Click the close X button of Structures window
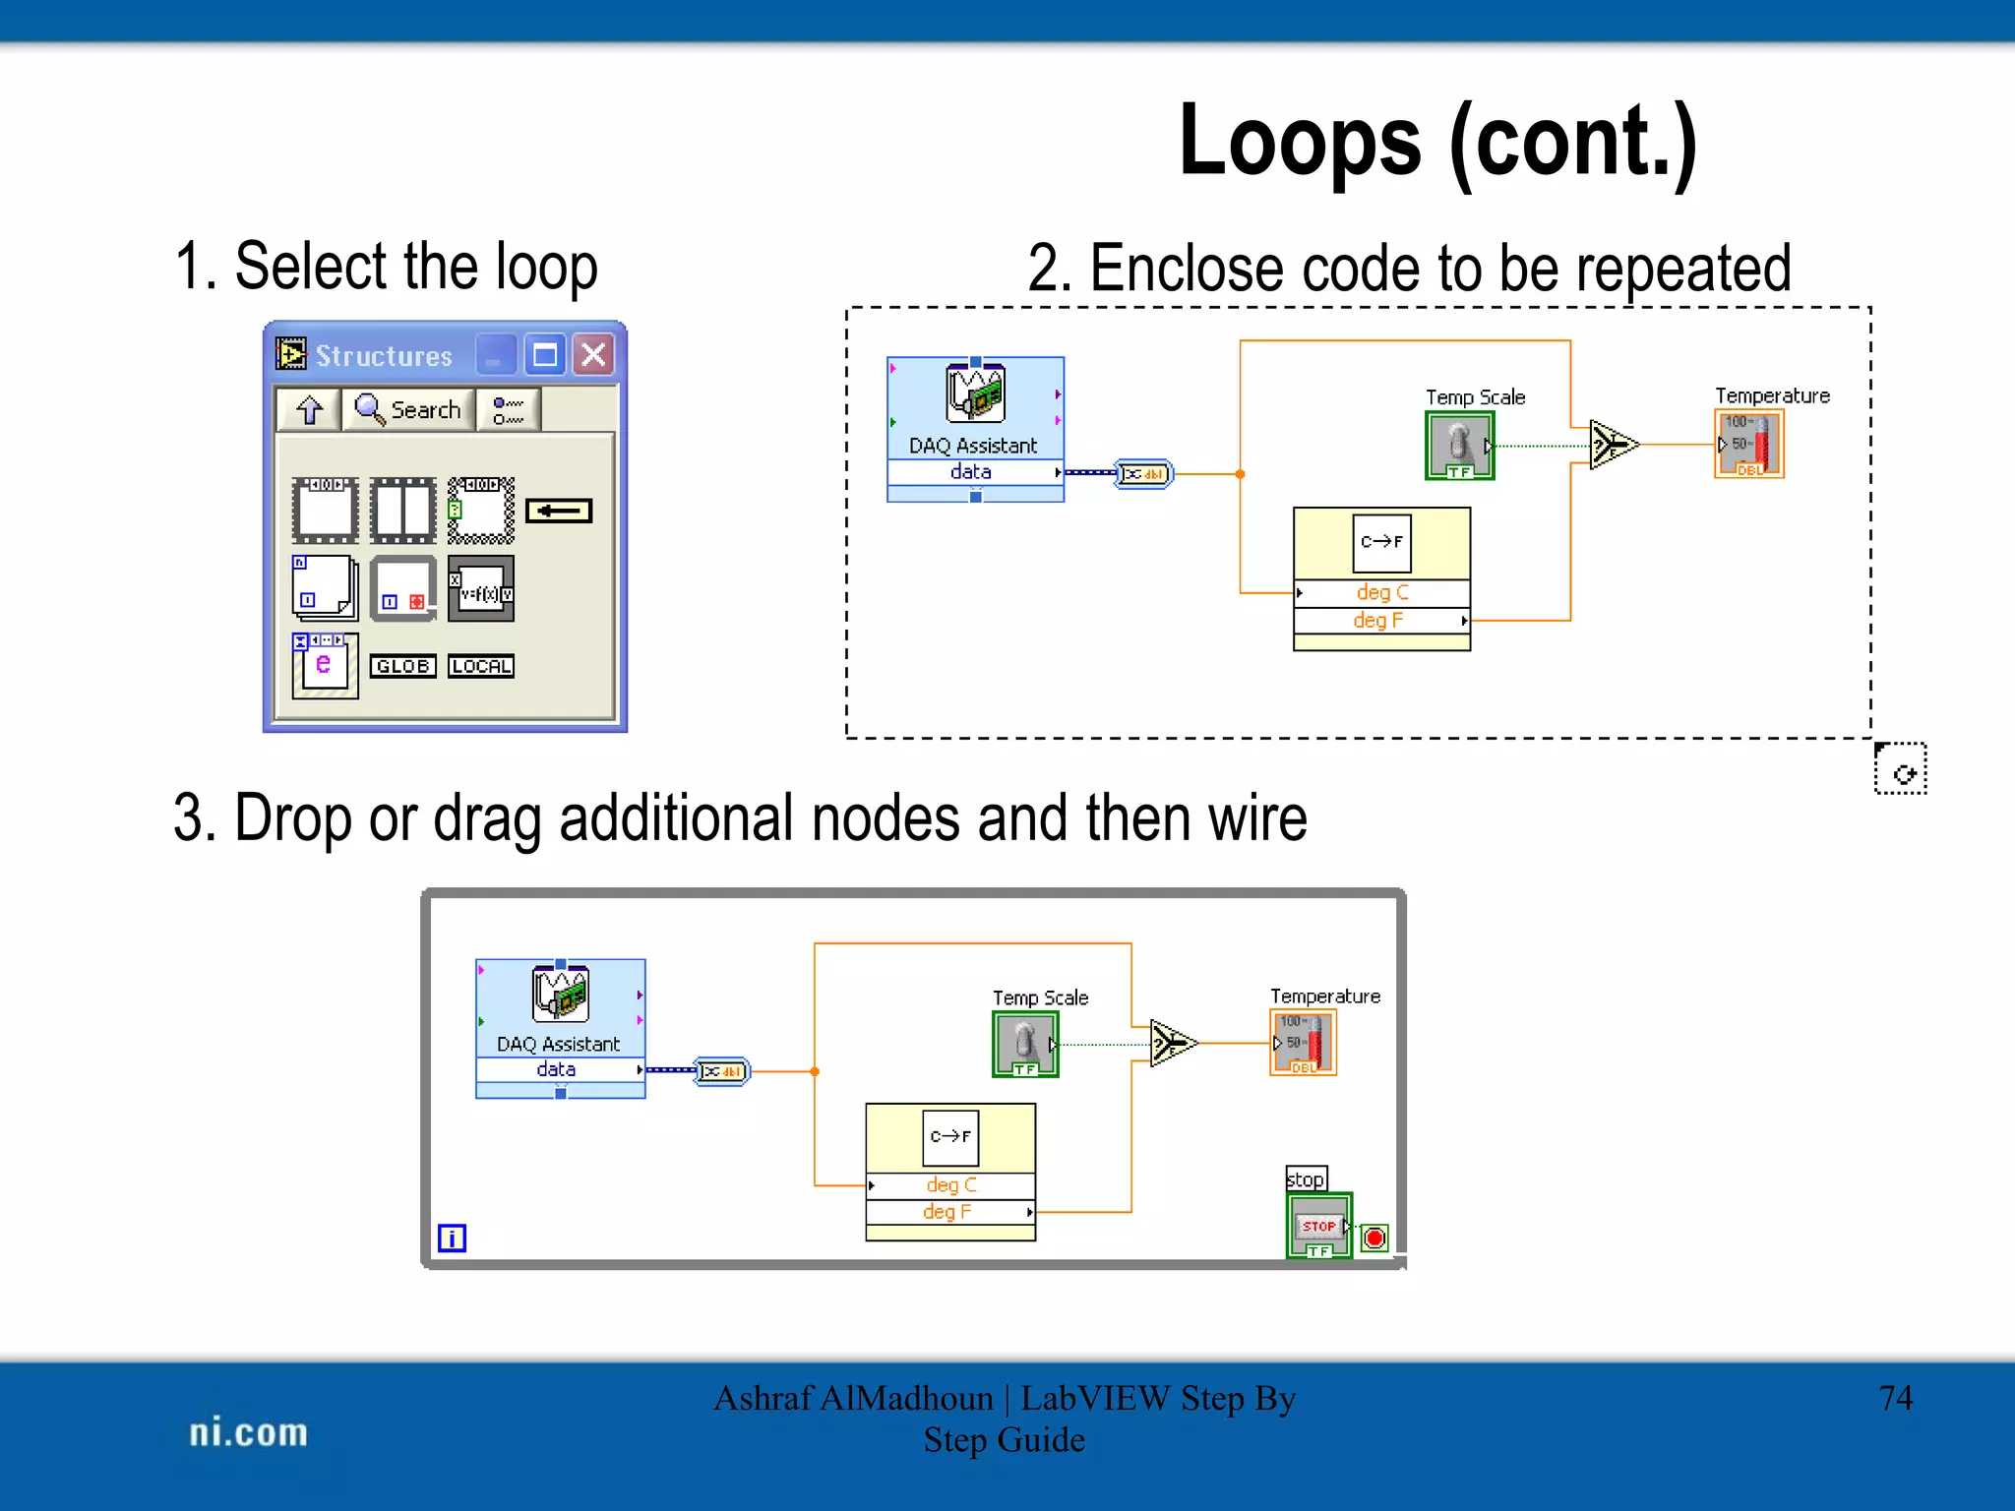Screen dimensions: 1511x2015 click(593, 354)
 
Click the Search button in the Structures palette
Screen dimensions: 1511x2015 click(408, 409)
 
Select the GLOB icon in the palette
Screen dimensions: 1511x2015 click(402, 666)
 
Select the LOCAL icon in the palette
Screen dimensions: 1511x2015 click(480, 666)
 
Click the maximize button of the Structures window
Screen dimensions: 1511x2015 click(545, 354)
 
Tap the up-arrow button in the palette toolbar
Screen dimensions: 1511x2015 click(309, 409)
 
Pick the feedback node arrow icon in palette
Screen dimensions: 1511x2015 click(558, 511)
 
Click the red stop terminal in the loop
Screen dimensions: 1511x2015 click(1374, 1238)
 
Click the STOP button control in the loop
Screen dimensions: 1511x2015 click(1318, 1226)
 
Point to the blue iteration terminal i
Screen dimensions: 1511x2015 click(452, 1238)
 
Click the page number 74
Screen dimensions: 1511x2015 click(1895, 1398)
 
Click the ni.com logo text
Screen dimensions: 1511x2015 click(248, 1432)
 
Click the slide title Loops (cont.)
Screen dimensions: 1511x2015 click(1437, 143)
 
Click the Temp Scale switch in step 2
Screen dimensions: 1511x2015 click(1459, 445)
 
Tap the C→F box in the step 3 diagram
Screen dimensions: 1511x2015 click(949, 1136)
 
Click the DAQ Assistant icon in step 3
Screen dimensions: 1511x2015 click(560, 994)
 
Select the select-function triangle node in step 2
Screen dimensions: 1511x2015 click(1613, 445)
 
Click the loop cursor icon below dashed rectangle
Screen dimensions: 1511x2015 click(1900, 769)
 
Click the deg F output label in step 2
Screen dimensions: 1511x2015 click(1377, 620)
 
